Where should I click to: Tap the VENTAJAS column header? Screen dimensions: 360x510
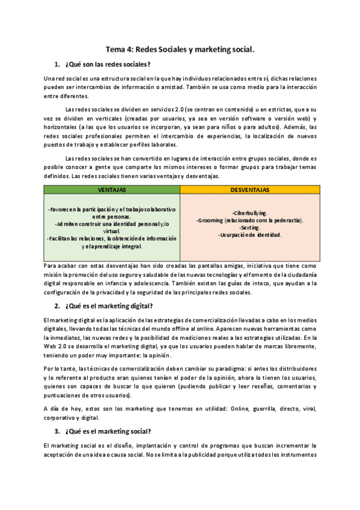click(112, 189)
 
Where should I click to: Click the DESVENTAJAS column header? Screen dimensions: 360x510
click(249, 189)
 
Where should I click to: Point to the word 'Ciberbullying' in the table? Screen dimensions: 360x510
click(249, 213)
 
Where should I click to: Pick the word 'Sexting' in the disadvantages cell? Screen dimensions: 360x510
click(249, 227)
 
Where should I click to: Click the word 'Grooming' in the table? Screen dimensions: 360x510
click(211, 220)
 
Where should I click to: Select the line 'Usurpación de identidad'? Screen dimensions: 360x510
click(249, 235)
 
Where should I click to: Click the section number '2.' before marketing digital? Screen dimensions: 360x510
click(57, 306)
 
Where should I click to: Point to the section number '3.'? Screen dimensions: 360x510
click(57, 431)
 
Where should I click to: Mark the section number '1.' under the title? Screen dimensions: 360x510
click(57, 64)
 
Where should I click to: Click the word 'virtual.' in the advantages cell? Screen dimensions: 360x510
click(112, 231)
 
